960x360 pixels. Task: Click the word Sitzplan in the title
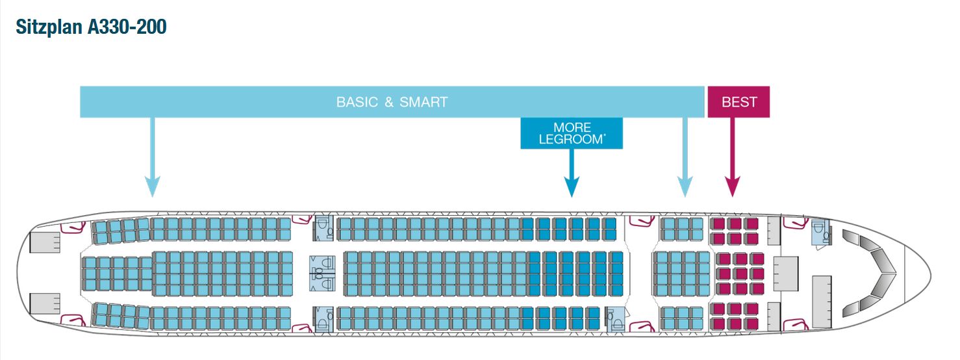tap(48, 27)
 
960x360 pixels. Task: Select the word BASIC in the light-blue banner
tap(357, 102)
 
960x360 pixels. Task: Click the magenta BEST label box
tap(739, 102)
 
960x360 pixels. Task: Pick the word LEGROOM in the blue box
tap(571, 139)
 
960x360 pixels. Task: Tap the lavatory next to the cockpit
tap(821, 232)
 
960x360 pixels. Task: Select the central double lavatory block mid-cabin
tap(322, 272)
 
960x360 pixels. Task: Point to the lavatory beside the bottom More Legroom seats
tap(614, 318)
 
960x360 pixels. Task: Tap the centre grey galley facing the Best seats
tap(785, 272)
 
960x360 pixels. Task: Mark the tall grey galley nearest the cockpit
tap(821, 300)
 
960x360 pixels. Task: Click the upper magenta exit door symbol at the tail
tap(73, 227)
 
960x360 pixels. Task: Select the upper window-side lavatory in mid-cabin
tap(323, 228)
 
